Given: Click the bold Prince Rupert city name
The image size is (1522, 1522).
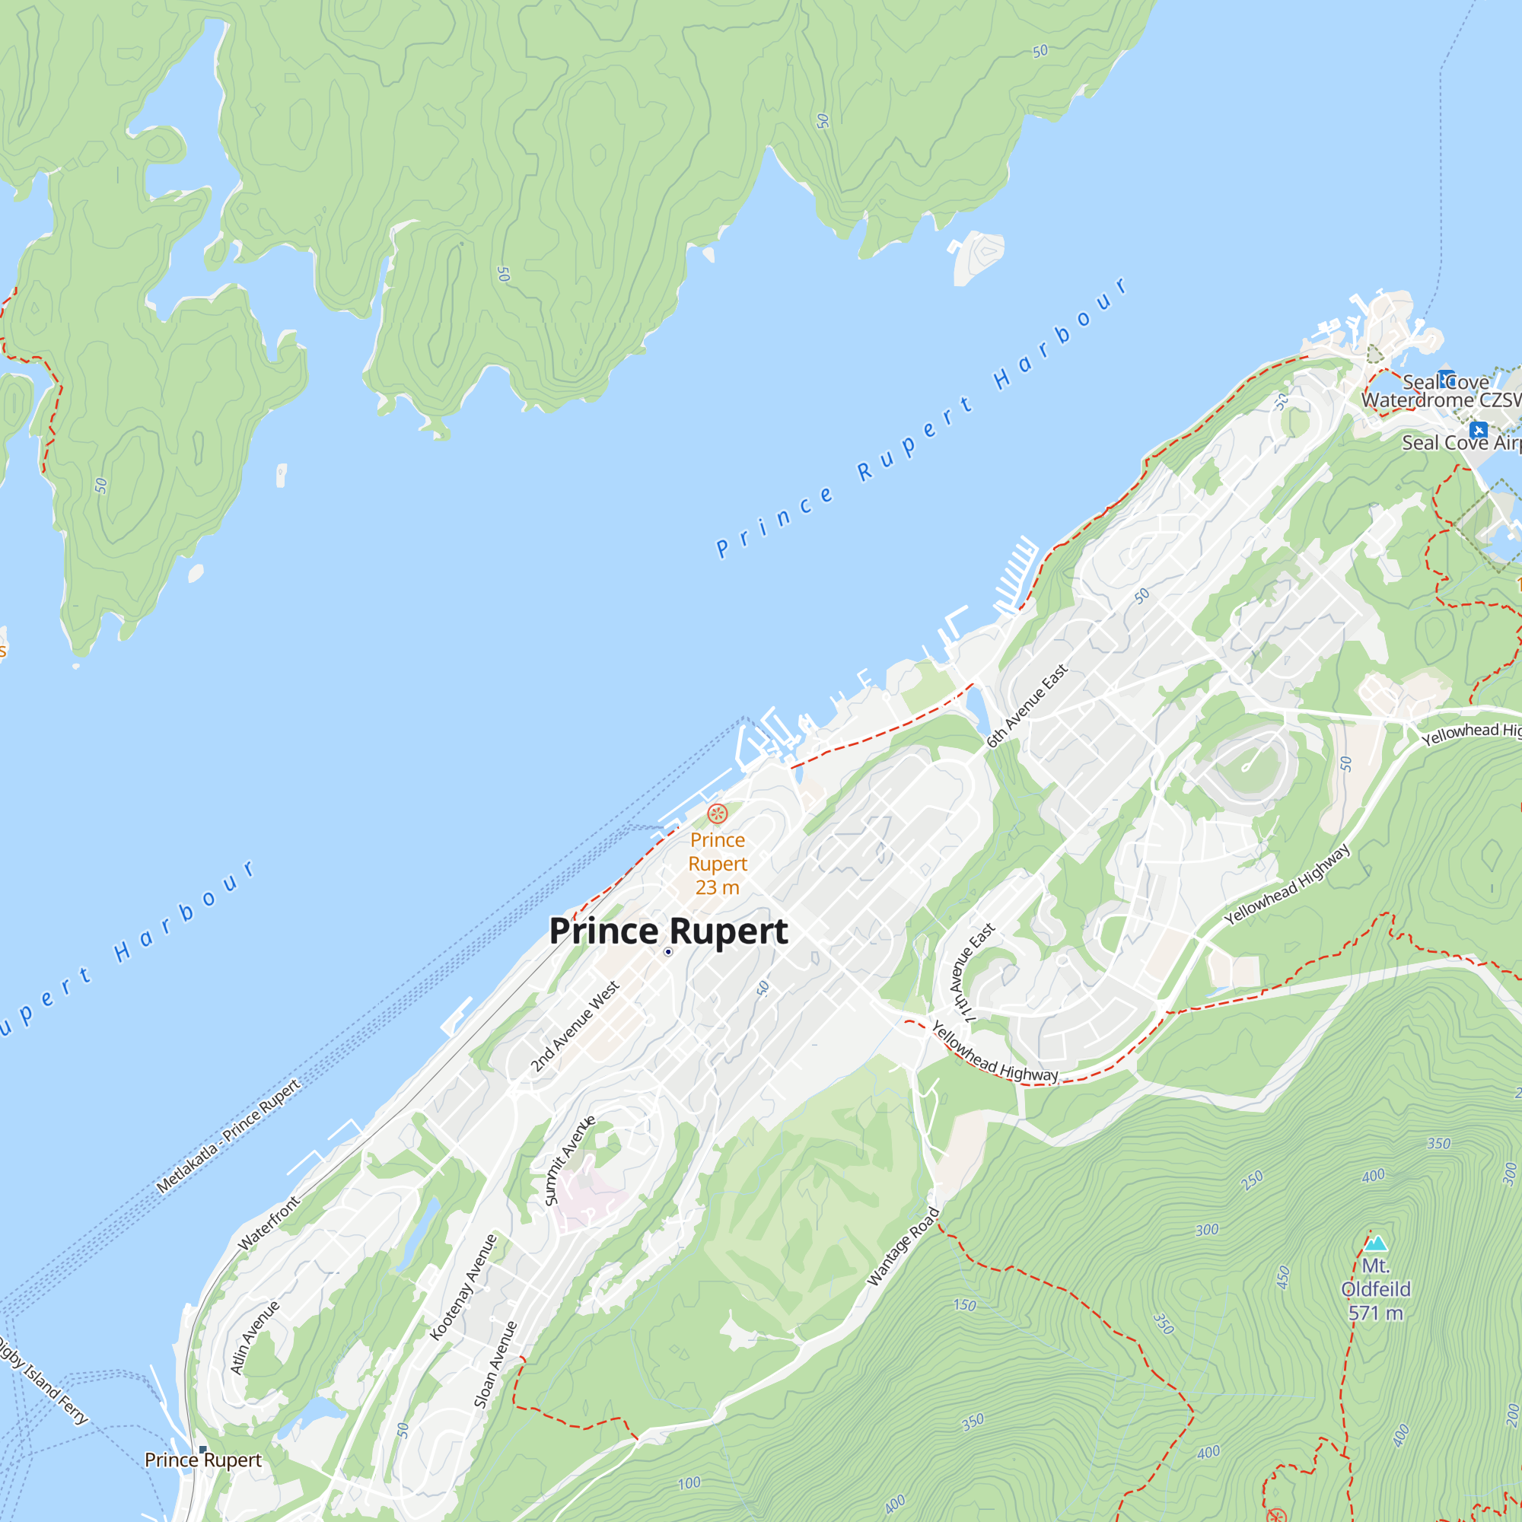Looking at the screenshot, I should pyautogui.click(x=668, y=931).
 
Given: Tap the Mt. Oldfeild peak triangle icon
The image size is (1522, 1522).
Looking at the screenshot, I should pyautogui.click(x=1375, y=1244).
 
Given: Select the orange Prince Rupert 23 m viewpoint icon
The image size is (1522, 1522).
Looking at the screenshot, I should pyautogui.click(x=717, y=813).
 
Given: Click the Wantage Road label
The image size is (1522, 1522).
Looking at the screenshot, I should pyautogui.click(x=903, y=1247).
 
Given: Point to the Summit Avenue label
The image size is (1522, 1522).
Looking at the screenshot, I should pyautogui.click(x=569, y=1161).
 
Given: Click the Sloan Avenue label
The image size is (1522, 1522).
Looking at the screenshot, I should pyautogui.click(x=495, y=1364).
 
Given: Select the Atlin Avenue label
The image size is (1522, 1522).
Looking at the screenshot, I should pyautogui.click(x=254, y=1338).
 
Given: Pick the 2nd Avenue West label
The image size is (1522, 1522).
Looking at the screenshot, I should pyautogui.click(x=575, y=1026).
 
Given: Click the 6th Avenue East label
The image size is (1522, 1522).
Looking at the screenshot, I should pyautogui.click(x=1027, y=706).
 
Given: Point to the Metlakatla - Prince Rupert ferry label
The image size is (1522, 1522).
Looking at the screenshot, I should pyautogui.click(x=228, y=1136).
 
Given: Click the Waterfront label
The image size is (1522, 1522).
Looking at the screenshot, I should pyautogui.click(x=269, y=1224).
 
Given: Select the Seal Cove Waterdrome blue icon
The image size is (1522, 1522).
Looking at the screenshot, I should pyautogui.click(x=1446, y=377).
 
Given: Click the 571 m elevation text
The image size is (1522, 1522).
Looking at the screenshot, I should pyautogui.click(x=1375, y=1313).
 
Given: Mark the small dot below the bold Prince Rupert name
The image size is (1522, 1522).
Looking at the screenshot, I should pyautogui.click(x=668, y=952).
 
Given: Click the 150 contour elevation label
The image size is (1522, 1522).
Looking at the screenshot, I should pyautogui.click(x=964, y=1305).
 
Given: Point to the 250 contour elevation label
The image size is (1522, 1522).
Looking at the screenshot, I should pyautogui.click(x=1252, y=1180).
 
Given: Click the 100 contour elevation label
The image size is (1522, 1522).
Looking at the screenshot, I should pyautogui.click(x=689, y=1483).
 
